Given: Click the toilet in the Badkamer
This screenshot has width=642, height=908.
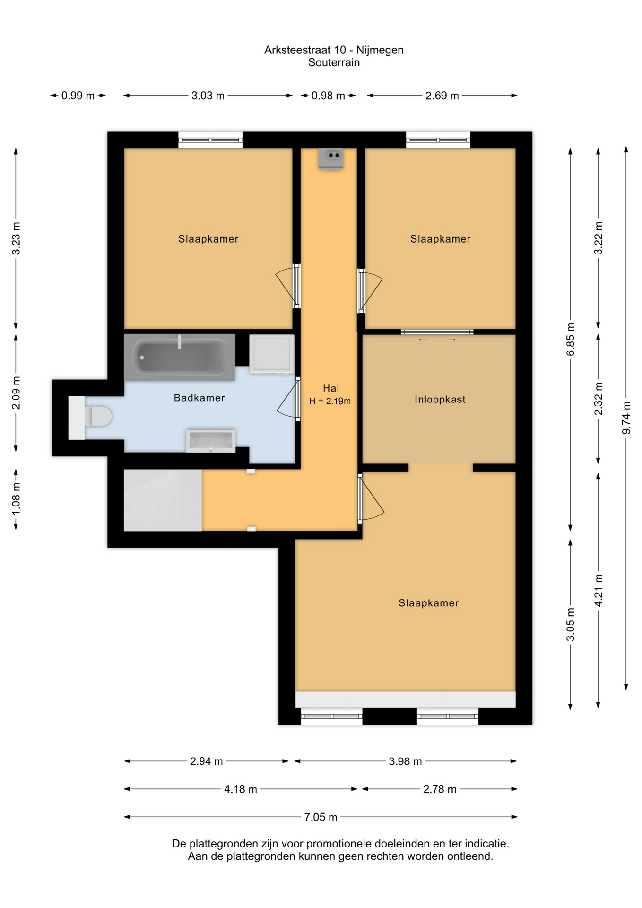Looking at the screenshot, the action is (90, 418).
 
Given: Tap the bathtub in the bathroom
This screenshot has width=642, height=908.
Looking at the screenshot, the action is (180, 357).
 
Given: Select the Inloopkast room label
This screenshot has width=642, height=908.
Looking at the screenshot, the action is (440, 400).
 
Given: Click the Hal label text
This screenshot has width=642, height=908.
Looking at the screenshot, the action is (331, 388).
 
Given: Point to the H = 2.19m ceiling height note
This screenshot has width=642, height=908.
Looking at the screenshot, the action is (330, 401).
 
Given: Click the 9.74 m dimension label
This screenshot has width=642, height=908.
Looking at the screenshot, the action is (626, 418).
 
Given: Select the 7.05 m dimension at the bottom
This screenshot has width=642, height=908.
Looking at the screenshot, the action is (321, 817).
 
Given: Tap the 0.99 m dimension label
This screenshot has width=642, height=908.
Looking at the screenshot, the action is (78, 96).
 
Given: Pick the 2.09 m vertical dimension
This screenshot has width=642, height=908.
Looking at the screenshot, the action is (16, 393).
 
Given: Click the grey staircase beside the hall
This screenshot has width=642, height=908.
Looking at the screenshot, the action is (163, 500).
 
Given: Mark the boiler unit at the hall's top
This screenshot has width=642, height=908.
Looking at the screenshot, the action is (331, 158).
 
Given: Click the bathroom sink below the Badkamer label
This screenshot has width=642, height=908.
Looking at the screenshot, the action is (211, 441).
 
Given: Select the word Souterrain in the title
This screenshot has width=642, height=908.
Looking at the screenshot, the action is (334, 62).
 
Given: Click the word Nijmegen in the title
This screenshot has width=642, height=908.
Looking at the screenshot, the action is (380, 50).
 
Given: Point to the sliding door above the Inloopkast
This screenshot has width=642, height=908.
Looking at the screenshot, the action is (437, 332).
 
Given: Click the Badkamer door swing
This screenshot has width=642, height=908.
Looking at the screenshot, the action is (287, 398).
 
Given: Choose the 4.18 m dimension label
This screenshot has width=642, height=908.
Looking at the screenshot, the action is (240, 789).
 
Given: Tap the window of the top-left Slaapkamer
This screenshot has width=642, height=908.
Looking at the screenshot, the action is (210, 140).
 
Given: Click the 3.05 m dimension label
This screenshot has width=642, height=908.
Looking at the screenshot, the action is (571, 624).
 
